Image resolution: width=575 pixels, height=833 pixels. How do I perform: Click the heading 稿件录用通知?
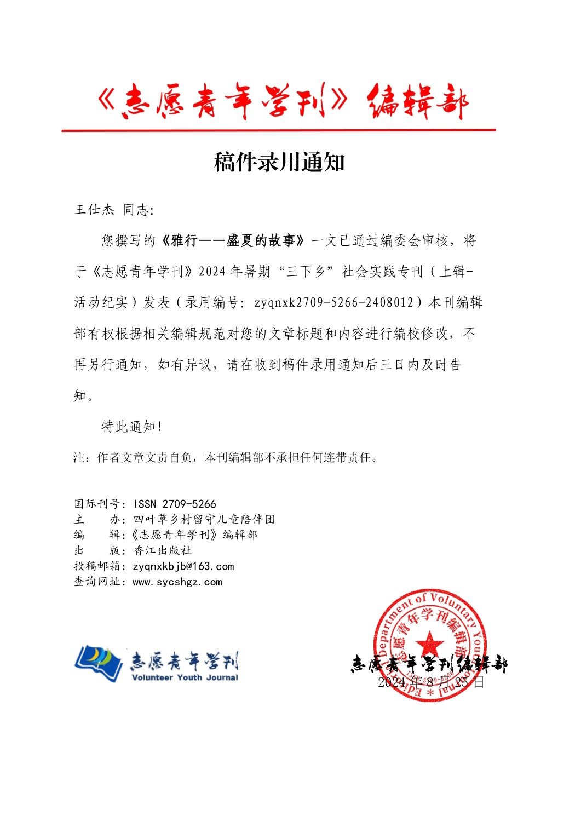pyautogui.click(x=279, y=163)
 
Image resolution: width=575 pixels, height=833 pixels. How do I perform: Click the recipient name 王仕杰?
pyautogui.click(x=94, y=210)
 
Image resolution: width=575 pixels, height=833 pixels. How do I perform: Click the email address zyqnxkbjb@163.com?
pyautogui.click(x=183, y=566)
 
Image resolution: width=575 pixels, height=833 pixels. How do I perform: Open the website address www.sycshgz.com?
pyautogui.click(x=177, y=582)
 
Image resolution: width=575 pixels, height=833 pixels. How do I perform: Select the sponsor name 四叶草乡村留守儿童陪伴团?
pyautogui.click(x=204, y=519)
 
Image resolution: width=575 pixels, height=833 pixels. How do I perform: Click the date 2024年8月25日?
pyautogui.click(x=431, y=682)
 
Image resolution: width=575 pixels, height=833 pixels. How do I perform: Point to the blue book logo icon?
pyautogui.click(x=99, y=663)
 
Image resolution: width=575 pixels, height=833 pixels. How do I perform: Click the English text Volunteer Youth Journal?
pyautogui.click(x=185, y=677)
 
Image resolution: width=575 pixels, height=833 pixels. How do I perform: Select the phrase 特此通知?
pyautogui.click(x=132, y=427)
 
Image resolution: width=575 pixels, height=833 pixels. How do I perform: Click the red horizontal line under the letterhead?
pyautogui.click(x=278, y=130)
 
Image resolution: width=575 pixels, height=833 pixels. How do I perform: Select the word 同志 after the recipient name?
pyautogui.click(x=136, y=210)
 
